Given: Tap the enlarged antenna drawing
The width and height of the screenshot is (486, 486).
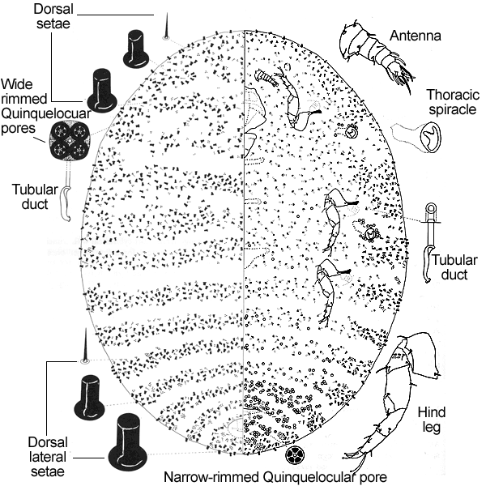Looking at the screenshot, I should (372, 52).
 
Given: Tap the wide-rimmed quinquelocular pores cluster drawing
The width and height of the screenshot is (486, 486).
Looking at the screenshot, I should (71, 141).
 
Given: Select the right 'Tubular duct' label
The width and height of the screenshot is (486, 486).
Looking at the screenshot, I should (453, 267).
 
